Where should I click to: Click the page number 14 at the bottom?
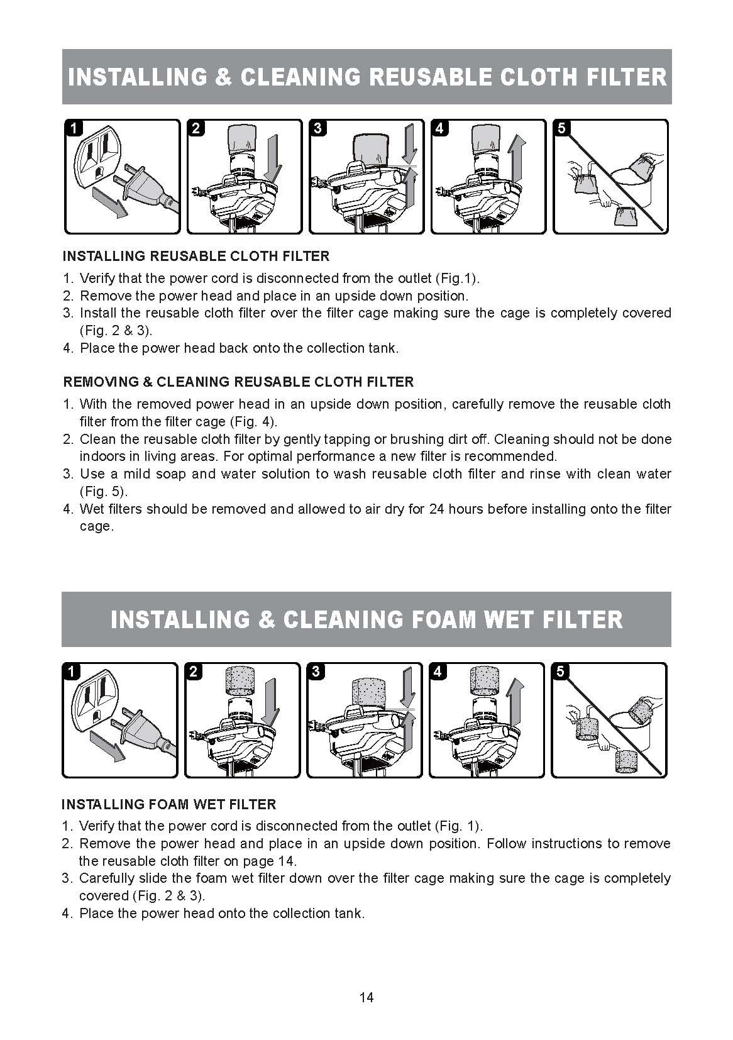[366, 997]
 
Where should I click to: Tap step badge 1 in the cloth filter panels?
[74, 128]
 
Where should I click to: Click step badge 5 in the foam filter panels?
[560, 672]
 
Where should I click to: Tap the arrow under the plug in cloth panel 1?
[110, 202]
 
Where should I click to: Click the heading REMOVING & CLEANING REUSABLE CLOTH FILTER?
[238, 382]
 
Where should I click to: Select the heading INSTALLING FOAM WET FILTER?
[169, 804]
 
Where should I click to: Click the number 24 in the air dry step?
[436, 509]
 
